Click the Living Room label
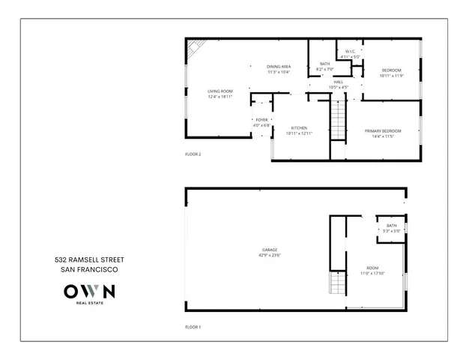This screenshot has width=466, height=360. [220, 91]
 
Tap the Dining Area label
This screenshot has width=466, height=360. [279, 67]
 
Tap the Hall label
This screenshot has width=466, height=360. [339, 82]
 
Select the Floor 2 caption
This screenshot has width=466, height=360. [193, 154]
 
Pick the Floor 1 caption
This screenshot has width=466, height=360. [193, 327]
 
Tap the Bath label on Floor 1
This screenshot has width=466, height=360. [392, 226]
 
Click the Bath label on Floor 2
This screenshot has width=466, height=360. [325, 64]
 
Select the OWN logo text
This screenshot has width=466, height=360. [89, 291]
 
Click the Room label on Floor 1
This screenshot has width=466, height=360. [372, 268]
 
